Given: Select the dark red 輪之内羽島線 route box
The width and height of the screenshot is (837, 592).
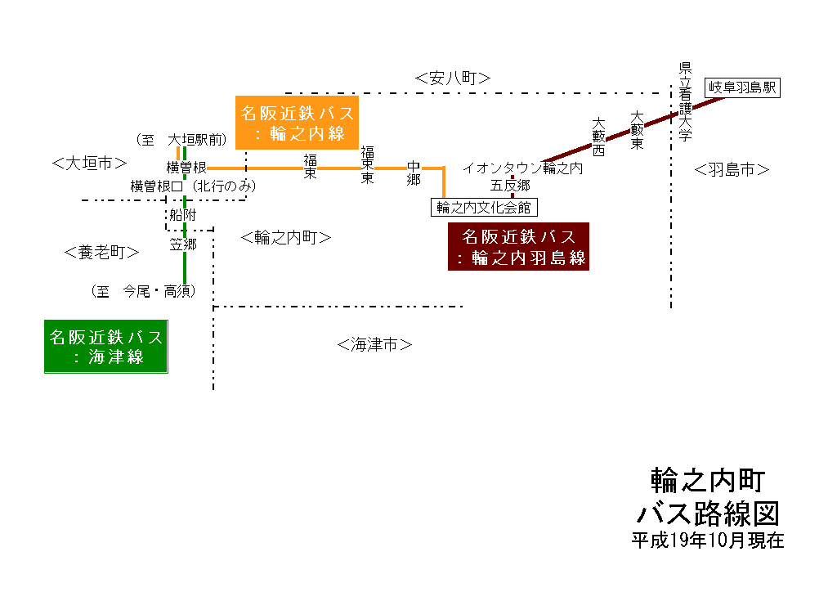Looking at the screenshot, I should pyautogui.click(x=519, y=247).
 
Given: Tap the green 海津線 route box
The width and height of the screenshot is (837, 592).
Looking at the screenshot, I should pyautogui.click(x=106, y=347).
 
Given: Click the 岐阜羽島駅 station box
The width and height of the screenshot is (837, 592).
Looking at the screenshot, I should pyautogui.click(x=743, y=87).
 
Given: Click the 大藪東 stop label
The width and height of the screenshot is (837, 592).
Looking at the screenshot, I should pyautogui.click(x=638, y=131).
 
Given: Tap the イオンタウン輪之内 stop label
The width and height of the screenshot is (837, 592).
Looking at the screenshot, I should pyautogui.click(x=522, y=168).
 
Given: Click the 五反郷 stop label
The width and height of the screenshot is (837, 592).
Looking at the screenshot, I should pyautogui.click(x=511, y=186).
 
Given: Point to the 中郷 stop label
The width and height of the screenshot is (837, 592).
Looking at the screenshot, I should pyautogui.click(x=414, y=173).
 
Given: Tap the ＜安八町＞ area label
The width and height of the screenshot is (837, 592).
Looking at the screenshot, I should pyautogui.click(x=452, y=78).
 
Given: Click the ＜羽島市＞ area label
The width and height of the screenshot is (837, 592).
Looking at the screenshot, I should pyautogui.click(x=732, y=169).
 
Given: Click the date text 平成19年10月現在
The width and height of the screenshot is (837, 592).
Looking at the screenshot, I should pyautogui.click(x=707, y=540).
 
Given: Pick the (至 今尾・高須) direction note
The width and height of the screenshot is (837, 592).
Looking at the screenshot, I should pyautogui.click(x=144, y=290).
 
